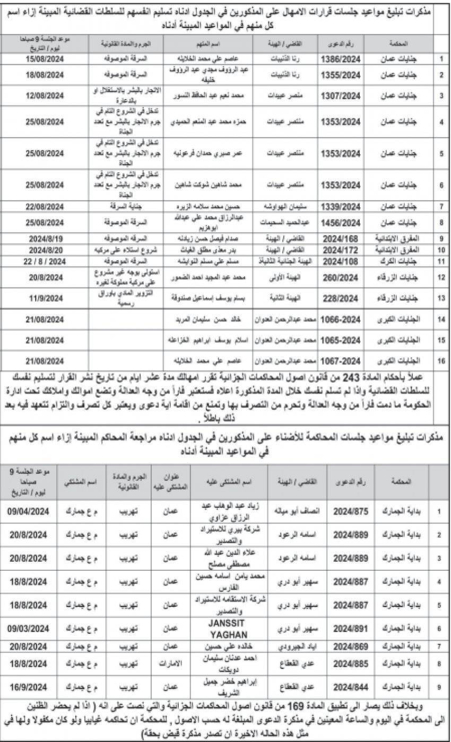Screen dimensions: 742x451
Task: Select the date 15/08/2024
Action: pyautogui.click(x=46, y=58)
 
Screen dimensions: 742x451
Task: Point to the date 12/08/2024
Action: pyautogui.click(x=46, y=96)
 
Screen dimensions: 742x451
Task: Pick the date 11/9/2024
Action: pyautogui.click(x=46, y=299)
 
